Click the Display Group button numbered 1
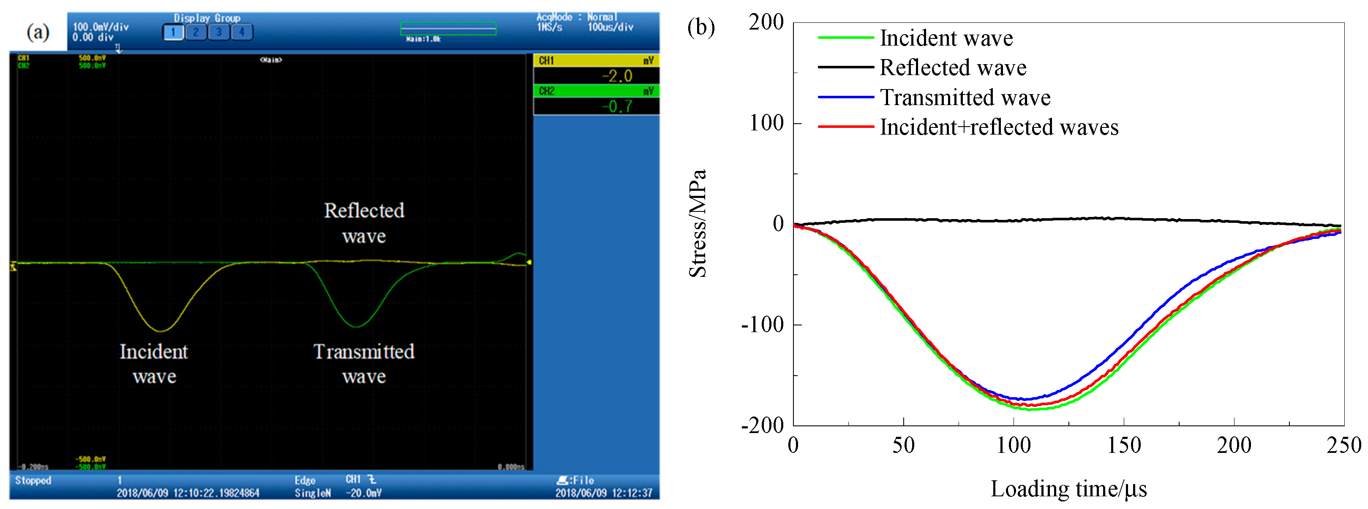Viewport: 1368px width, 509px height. pyautogui.click(x=173, y=32)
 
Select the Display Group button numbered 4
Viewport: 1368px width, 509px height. pyautogui.click(x=242, y=32)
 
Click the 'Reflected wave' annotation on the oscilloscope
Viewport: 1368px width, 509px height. pyautogui.click(x=364, y=223)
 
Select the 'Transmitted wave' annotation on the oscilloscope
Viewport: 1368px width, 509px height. pyautogui.click(x=364, y=363)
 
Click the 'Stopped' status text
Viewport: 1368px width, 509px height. pyautogui.click(x=33, y=480)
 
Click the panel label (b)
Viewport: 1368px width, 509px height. pyautogui.click(x=700, y=27)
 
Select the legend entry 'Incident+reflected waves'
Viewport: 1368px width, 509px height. pyautogui.click(x=998, y=127)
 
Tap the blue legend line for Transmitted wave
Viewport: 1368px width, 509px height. pyautogui.click(x=845, y=97)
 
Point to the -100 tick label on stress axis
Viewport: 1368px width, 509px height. pyautogui.click(x=763, y=324)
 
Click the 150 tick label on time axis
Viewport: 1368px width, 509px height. pyautogui.click(x=1124, y=445)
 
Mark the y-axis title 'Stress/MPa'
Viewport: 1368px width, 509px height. pyautogui.click(x=698, y=223)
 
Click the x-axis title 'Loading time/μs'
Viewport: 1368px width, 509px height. pyautogui.click(x=1068, y=489)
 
